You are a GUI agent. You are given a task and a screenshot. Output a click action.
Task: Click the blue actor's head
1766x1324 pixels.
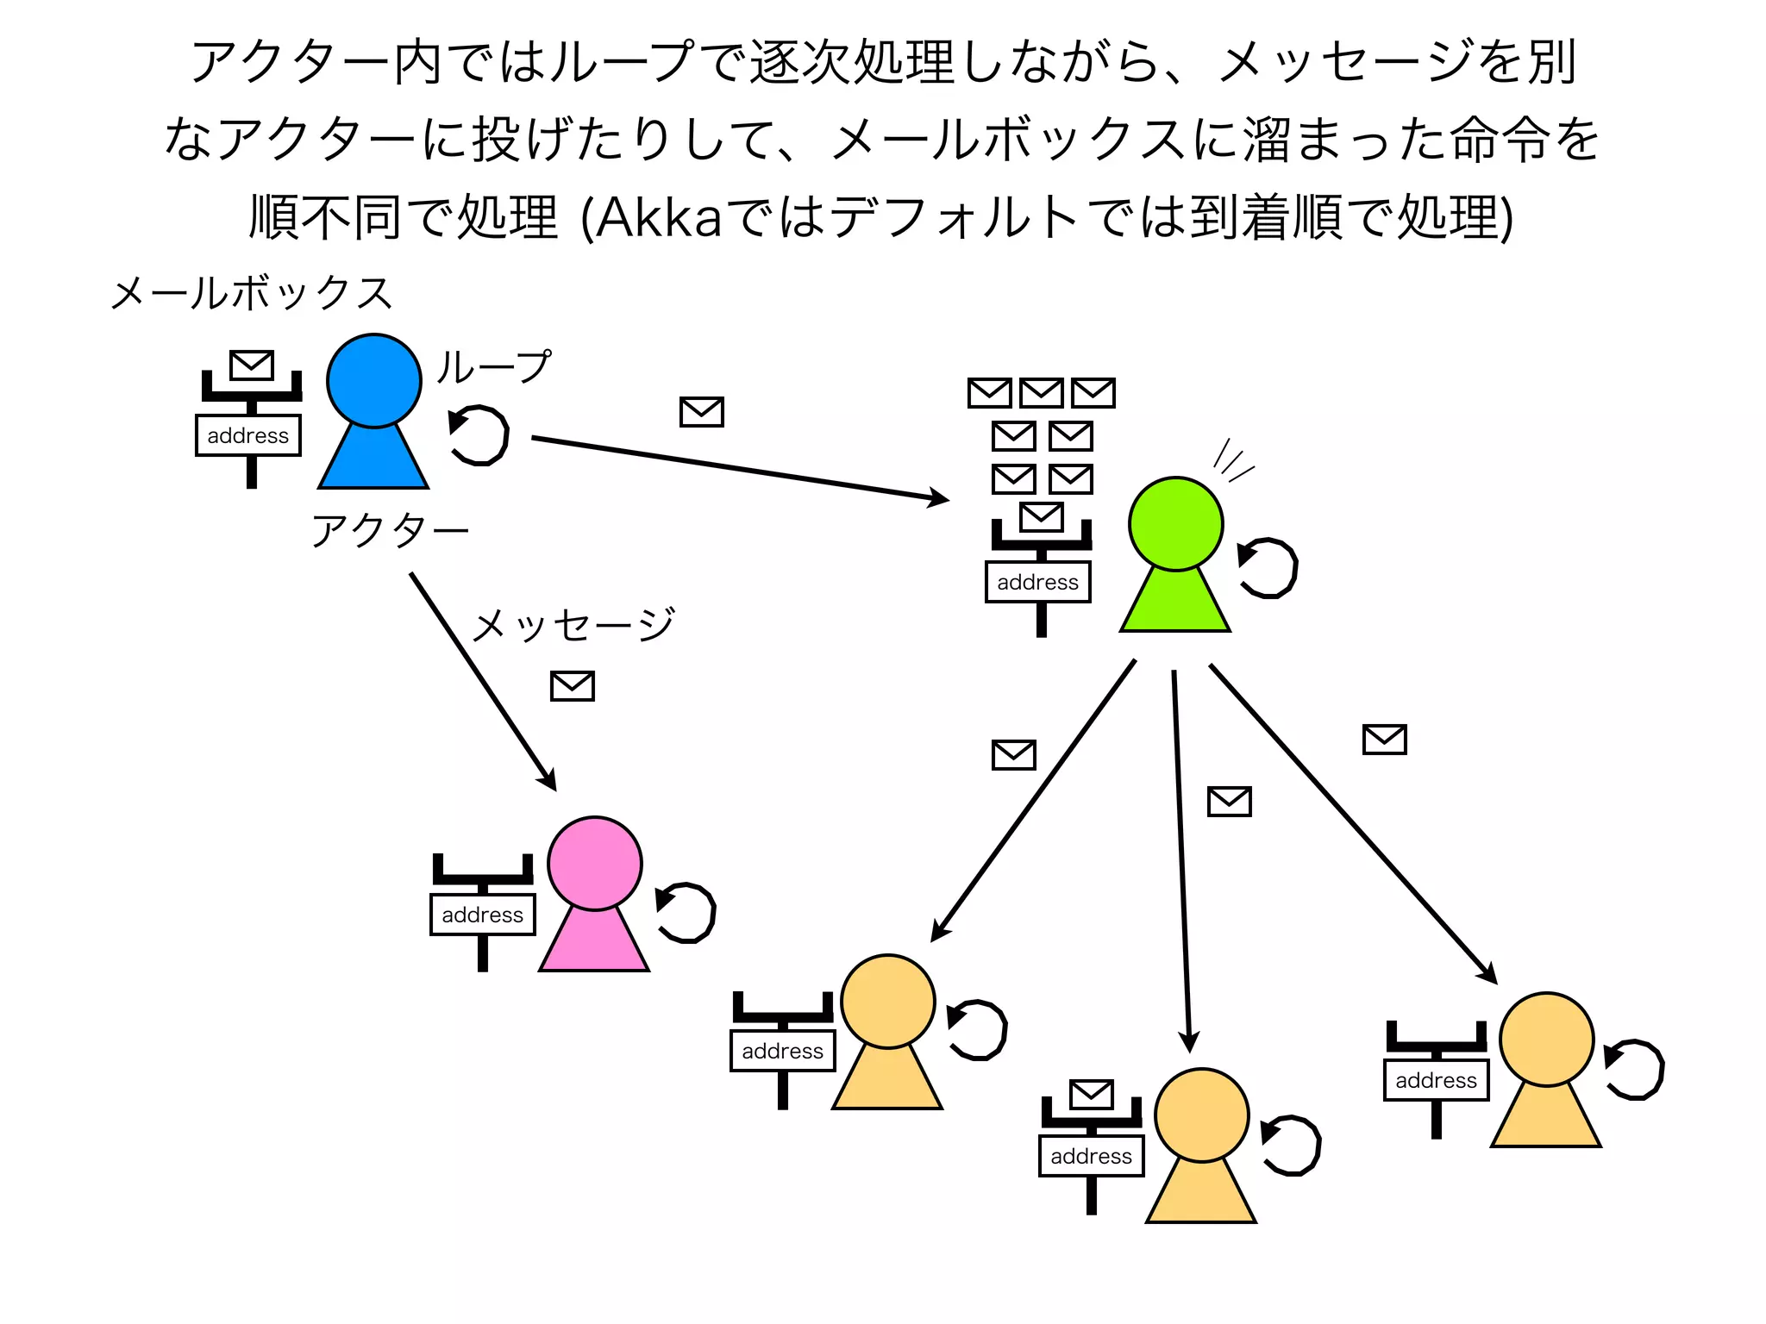[373, 381]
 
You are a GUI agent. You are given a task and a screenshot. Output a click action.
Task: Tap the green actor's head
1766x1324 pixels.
[1175, 524]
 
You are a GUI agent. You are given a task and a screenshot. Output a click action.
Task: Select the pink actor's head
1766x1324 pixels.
[594, 863]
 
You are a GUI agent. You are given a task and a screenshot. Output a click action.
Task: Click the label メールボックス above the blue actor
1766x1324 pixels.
[252, 293]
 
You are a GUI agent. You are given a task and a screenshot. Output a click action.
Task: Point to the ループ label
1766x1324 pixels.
[493, 366]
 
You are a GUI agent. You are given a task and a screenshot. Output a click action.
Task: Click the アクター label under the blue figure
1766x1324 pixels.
[390, 529]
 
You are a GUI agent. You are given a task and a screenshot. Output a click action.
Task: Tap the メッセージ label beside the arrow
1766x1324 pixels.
[573, 624]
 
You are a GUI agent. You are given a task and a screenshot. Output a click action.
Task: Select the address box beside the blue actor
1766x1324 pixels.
[248, 435]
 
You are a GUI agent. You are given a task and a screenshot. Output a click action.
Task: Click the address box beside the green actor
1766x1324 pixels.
[1038, 582]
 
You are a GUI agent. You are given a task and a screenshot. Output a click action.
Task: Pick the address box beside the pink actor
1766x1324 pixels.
[483, 915]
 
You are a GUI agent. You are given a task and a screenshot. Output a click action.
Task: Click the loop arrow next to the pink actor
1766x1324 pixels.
[686, 913]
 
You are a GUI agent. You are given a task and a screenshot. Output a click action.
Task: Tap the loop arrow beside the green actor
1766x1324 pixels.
[1267, 568]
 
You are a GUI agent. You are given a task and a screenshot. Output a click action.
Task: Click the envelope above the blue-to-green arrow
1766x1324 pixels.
[701, 412]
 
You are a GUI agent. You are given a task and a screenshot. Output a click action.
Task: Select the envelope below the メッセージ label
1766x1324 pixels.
[573, 686]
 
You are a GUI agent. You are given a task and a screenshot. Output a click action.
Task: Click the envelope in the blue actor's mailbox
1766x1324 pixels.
[252, 365]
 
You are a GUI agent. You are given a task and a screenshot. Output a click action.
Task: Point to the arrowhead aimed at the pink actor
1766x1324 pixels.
[548, 781]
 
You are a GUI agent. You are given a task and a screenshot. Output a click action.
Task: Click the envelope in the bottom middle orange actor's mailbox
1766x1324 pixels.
[1091, 1095]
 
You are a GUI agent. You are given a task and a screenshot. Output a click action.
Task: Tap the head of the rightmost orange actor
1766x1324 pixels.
[1546, 1039]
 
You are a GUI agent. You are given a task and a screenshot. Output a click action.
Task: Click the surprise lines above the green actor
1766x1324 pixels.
[1232, 461]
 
